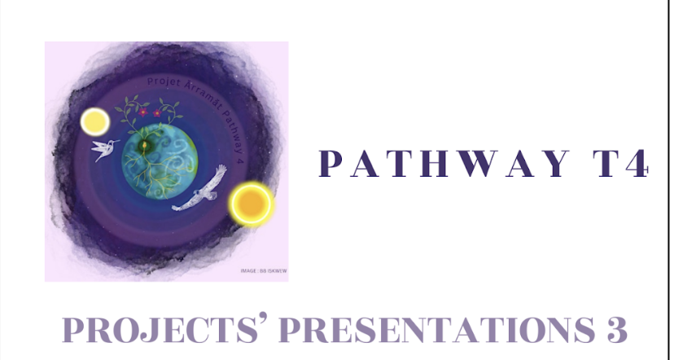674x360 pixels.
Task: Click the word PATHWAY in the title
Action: pos(436,162)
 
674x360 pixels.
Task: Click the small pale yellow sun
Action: pos(94,123)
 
